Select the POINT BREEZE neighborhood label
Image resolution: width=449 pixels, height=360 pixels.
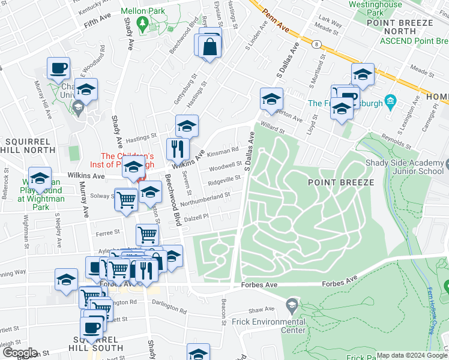(x=342, y=182)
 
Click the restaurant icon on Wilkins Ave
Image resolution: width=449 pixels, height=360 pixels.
(x=178, y=148)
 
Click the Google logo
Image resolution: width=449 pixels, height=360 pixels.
(x=19, y=353)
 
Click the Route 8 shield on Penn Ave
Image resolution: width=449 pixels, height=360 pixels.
(x=316, y=43)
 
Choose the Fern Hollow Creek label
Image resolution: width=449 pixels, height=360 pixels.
(x=429, y=307)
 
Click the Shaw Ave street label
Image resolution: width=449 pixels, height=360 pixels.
(x=261, y=310)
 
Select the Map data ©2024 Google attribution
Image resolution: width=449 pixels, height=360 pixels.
(x=412, y=355)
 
